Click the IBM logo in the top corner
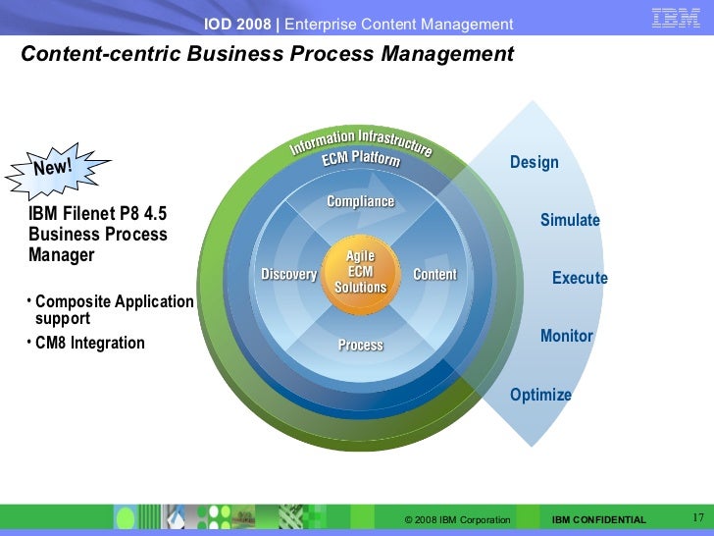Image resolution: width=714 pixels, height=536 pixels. pyautogui.click(x=676, y=19)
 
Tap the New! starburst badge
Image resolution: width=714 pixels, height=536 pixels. pyautogui.click(x=53, y=169)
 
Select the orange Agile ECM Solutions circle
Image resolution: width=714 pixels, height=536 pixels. pyautogui.click(x=360, y=272)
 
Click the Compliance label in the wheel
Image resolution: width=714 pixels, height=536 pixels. pyautogui.click(x=360, y=202)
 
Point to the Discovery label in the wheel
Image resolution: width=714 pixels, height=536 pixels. pyautogui.click(x=289, y=275)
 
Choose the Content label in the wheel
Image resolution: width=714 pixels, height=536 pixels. pyautogui.click(x=434, y=275)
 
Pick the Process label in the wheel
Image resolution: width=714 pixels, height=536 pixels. pyautogui.click(x=360, y=345)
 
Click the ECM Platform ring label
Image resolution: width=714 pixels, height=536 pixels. pyautogui.click(x=361, y=159)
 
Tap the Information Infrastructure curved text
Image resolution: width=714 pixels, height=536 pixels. pyautogui.click(x=360, y=141)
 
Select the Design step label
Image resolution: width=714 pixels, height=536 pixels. pyautogui.click(x=534, y=163)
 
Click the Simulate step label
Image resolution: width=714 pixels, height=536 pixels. pyautogui.click(x=570, y=221)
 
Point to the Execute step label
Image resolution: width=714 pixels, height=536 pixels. pyautogui.click(x=580, y=279)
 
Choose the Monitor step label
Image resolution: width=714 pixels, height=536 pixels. pyautogui.click(x=566, y=337)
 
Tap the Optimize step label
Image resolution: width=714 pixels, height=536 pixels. pyautogui.click(x=540, y=396)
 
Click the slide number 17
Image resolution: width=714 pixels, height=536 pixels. pyautogui.click(x=699, y=517)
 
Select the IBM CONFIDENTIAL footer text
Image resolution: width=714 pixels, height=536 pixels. pyautogui.click(x=598, y=519)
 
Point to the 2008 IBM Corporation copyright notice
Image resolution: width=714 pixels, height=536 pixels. pyautogui.click(x=457, y=519)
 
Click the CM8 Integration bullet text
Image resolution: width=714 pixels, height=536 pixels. pyautogui.click(x=89, y=344)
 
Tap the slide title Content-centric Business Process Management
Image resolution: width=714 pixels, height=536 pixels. pyautogui.click(x=267, y=54)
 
